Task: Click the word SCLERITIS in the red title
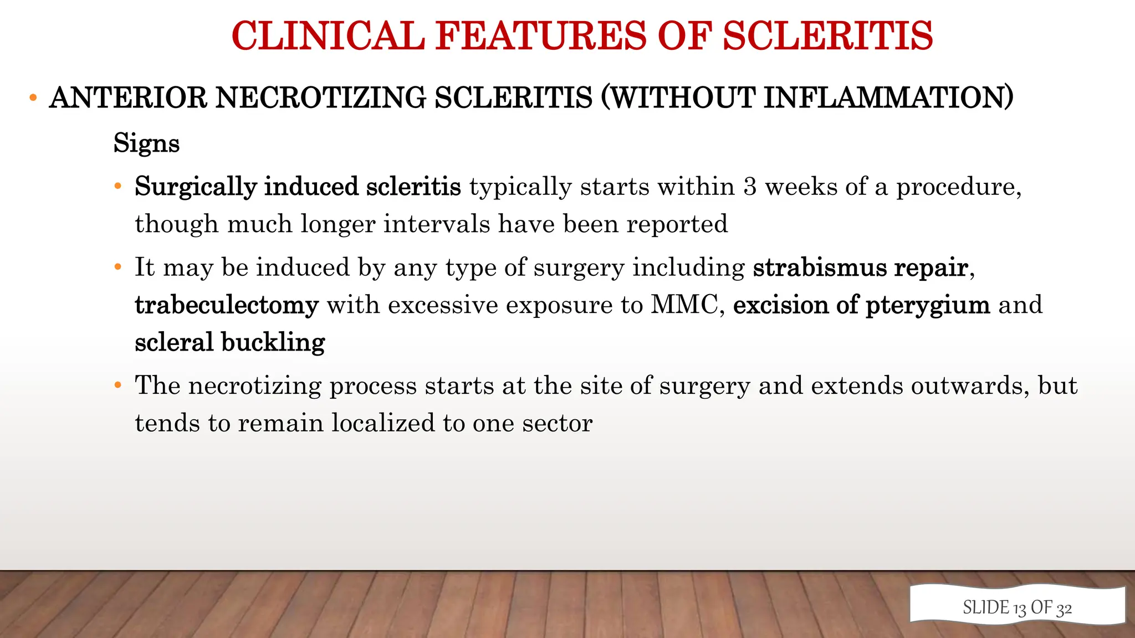click(827, 36)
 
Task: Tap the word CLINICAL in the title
click(328, 36)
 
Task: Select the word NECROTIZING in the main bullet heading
click(320, 98)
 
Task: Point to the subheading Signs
click(146, 143)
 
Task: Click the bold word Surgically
click(195, 187)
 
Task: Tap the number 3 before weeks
click(750, 187)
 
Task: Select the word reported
click(677, 224)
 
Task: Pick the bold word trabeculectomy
click(227, 305)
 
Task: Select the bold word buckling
click(273, 343)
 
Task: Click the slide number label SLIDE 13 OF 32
click(1017, 608)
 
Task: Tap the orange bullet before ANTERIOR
click(33, 99)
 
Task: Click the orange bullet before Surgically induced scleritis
click(117, 187)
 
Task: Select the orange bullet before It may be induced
click(117, 267)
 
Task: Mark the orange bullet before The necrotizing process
click(117, 385)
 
